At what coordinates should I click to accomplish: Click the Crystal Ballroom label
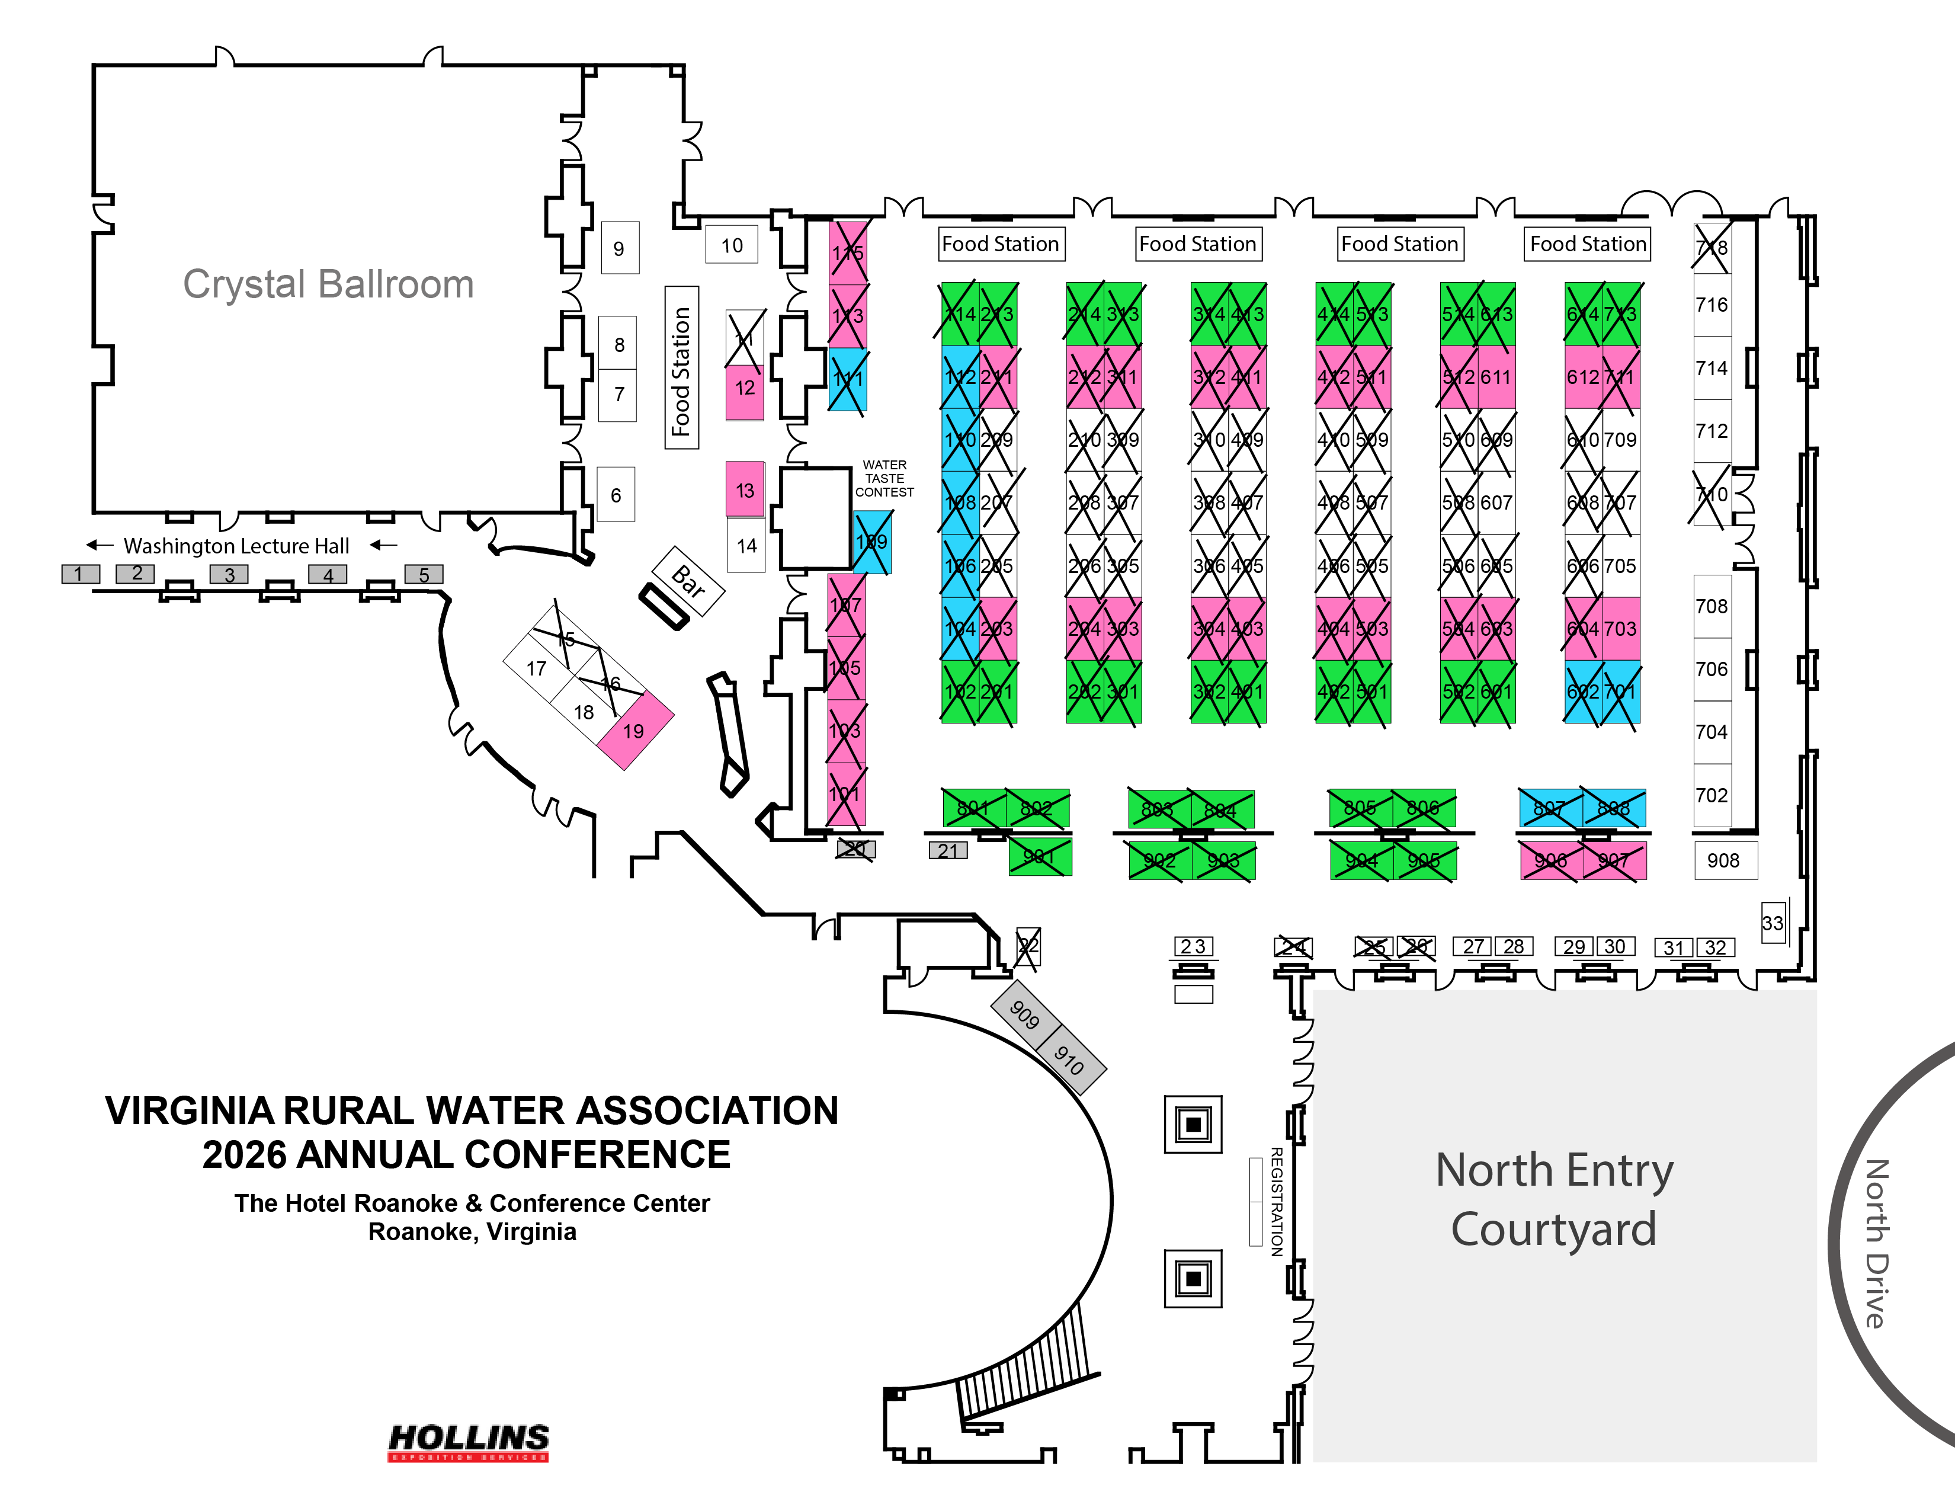coord(328,284)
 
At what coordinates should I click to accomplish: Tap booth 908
coord(1724,860)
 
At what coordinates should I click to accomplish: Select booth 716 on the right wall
coord(1712,305)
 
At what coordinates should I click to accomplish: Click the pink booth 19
coord(634,731)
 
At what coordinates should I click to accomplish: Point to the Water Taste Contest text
coord(884,478)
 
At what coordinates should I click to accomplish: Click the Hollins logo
coord(468,1441)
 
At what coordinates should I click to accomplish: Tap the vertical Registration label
coord(1277,1201)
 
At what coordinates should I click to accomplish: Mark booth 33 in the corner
coord(1773,923)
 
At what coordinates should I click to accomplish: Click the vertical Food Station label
coord(681,368)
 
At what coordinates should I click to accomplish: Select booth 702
coord(1712,795)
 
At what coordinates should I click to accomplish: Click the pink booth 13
coord(745,489)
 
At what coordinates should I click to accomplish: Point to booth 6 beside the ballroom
coord(616,494)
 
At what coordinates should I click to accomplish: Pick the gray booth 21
coord(948,850)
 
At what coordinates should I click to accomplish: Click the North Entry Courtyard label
coord(1554,1199)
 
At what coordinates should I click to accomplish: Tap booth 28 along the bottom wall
coord(1514,946)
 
